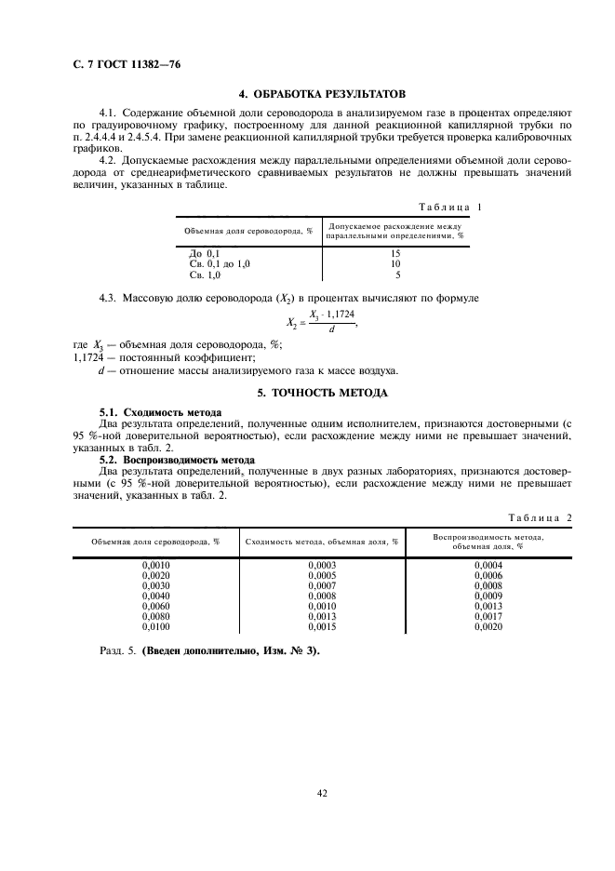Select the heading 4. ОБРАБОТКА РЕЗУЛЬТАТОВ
(x=322, y=95)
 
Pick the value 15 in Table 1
(x=395, y=253)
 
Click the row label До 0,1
(x=205, y=253)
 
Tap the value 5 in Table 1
(x=397, y=275)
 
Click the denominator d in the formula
(x=333, y=328)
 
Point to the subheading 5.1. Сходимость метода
(x=160, y=411)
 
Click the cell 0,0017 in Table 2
(x=488, y=616)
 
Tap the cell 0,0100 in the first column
(x=155, y=627)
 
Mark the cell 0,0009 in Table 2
(x=488, y=596)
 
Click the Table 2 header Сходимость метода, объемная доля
(x=322, y=541)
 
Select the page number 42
(x=322, y=793)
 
